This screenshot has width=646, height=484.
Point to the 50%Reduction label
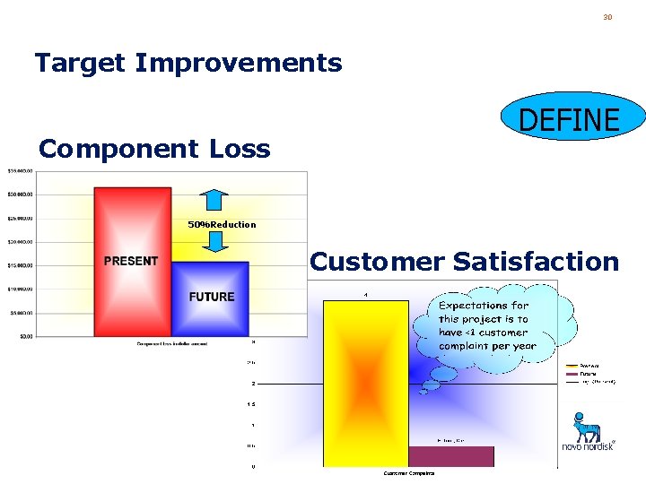222,224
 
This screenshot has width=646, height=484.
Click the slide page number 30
607,17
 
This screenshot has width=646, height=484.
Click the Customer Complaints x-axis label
408,473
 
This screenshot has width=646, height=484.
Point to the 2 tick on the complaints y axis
253,383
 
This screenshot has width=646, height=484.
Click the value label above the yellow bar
365,294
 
